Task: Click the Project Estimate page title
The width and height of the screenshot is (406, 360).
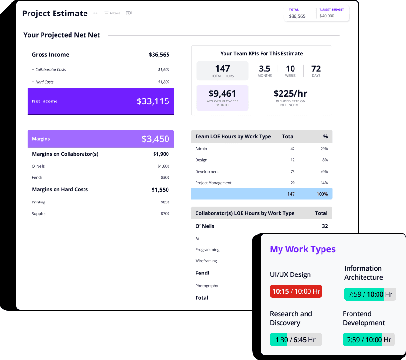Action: (x=55, y=14)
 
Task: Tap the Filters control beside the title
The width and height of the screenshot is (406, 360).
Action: (x=112, y=13)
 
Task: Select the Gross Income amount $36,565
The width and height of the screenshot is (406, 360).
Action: (x=159, y=55)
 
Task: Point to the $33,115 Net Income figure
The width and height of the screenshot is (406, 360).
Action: (x=153, y=101)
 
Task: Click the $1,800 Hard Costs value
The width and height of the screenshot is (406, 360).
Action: (x=164, y=82)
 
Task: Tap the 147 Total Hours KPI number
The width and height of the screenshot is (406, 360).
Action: (x=223, y=69)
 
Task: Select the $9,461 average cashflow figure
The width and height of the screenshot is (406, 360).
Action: (x=223, y=94)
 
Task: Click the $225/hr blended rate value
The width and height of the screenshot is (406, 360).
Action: (x=290, y=94)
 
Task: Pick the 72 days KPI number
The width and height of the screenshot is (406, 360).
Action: (x=316, y=69)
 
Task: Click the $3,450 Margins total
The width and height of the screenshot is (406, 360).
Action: (x=155, y=139)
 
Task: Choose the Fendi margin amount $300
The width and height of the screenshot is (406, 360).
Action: (x=165, y=177)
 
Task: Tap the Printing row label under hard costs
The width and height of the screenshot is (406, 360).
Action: (x=39, y=202)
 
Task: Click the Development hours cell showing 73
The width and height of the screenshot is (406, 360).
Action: (x=292, y=172)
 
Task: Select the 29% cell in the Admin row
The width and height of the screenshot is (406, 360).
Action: (x=324, y=149)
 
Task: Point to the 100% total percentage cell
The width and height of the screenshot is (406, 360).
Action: (x=322, y=194)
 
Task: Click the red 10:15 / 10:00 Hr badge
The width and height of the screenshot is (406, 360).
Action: (x=296, y=291)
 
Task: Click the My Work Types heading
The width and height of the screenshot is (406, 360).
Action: (x=303, y=249)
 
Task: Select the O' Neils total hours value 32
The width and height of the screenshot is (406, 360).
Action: (x=324, y=226)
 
